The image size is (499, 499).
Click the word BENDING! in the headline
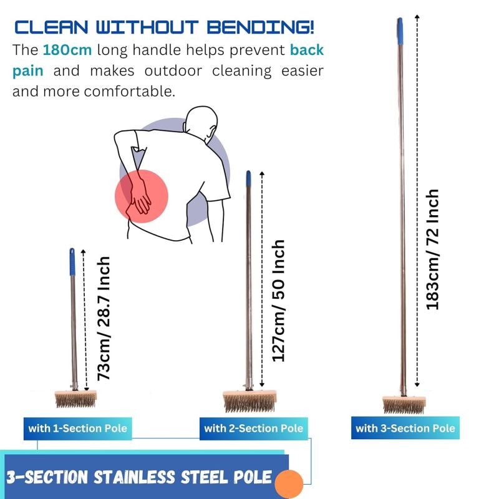tap(260, 27)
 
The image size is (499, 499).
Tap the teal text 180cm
tap(67, 50)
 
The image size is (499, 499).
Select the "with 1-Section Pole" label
tap(77, 429)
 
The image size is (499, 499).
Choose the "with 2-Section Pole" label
tap(254, 429)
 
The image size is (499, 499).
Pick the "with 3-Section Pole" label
tap(405, 428)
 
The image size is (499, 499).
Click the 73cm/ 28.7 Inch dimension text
tap(104, 318)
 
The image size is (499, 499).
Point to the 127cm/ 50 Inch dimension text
tap(278, 301)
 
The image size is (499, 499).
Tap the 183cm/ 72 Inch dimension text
tap(432, 249)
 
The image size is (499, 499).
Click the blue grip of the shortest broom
tap(72, 261)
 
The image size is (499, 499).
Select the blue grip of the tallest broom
tap(400, 31)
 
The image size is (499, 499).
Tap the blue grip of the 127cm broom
tap(248, 178)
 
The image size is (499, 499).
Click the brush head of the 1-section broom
tap(75, 399)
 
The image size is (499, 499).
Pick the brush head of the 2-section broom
tap(249, 401)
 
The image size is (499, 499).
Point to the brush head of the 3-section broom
tap(404, 404)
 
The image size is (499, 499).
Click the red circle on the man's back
tap(142, 196)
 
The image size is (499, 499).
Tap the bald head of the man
tap(201, 122)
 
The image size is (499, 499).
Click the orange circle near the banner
tap(289, 484)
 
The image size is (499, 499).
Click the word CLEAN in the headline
tap(51, 27)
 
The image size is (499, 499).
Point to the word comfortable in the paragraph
tap(130, 91)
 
